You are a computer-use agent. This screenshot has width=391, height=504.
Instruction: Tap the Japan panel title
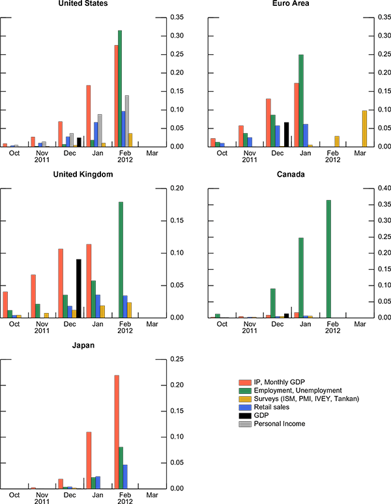83,346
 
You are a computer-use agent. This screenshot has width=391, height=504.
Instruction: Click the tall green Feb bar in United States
120,88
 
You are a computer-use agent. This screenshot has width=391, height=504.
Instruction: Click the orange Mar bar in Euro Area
364,128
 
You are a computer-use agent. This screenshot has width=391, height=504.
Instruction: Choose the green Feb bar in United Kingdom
121,259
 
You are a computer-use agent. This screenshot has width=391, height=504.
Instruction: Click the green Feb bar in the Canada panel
328,259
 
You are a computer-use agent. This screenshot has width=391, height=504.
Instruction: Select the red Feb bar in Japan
117,432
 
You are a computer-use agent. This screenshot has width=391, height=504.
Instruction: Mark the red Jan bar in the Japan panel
88,460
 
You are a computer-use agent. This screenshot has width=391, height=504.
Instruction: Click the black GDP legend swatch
244,415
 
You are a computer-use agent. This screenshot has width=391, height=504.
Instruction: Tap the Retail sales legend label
273,406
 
